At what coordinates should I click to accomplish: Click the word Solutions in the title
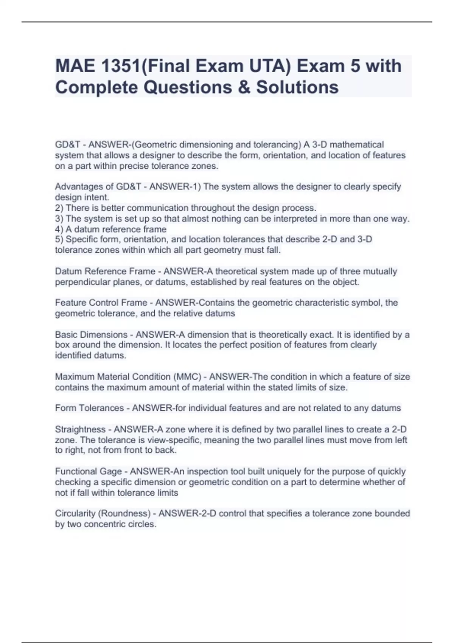pos(297,87)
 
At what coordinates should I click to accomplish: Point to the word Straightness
pos(80,429)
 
